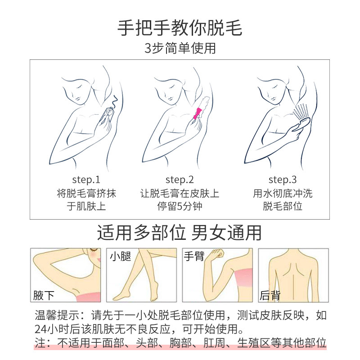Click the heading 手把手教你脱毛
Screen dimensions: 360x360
[180, 28]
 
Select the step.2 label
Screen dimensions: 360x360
[180, 180]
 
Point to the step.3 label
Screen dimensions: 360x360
[282, 180]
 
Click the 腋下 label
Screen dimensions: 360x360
[44, 295]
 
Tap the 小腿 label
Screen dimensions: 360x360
[120, 257]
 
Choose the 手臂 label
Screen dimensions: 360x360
[194, 257]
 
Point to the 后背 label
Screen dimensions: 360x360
[270, 295]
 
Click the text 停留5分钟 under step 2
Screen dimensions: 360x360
[180, 207]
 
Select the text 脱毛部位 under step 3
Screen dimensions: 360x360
[282, 207]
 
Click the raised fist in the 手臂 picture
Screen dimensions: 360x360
[218, 254]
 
